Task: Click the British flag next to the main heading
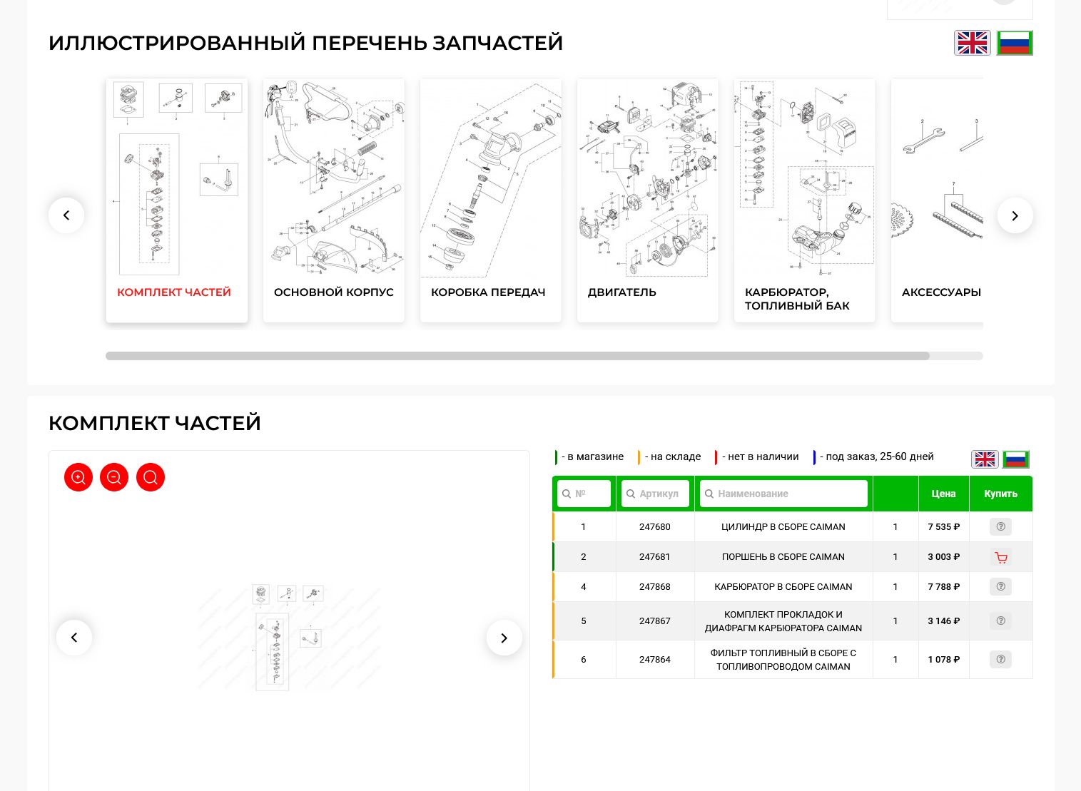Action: [x=972, y=43]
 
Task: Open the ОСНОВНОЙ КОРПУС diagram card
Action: [x=333, y=200]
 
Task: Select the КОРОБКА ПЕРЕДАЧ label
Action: [x=488, y=292]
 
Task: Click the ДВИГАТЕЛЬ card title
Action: [x=621, y=292]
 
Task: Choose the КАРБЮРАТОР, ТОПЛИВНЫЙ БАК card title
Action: [x=797, y=299]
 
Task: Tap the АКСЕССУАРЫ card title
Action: [x=940, y=292]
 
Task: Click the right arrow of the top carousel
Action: [x=1015, y=215]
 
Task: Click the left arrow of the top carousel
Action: [x=66, y=215]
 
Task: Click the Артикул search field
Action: [x=655, y=494]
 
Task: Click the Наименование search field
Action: [x=783, y=494]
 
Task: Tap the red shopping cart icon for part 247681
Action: [x=1000, y=557]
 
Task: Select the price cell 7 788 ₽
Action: [x=943, y=587]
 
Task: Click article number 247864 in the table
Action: [x=654, y=660]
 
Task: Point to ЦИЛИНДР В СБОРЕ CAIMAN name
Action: [x=783, y=527]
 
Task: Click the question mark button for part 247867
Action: [x=1000, y=621]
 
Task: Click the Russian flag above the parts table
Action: [x=1015, y=459]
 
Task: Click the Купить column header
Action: [x=1000, y=494]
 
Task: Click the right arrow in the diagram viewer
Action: [x=504, y=638]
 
